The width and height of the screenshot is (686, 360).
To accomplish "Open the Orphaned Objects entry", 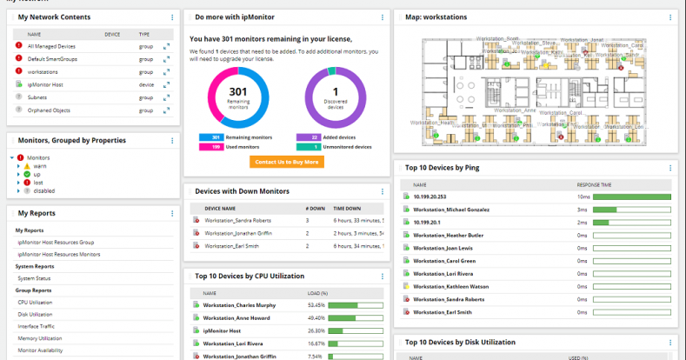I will [49, 110].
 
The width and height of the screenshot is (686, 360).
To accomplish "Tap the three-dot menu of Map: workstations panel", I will [670, 17].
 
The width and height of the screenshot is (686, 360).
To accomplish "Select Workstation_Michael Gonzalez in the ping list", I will [453, 210].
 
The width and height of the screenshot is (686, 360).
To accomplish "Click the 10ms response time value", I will [583, 197].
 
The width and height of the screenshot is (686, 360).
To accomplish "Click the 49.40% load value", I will [316, 318].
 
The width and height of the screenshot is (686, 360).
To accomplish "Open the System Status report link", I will [34, 277].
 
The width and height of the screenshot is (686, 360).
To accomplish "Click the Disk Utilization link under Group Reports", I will [35, 314].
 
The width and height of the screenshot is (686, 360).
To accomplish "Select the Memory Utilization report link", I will [39, 337].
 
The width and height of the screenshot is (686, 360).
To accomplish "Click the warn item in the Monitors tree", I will [40, 165].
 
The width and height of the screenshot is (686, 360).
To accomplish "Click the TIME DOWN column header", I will [347, 209].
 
